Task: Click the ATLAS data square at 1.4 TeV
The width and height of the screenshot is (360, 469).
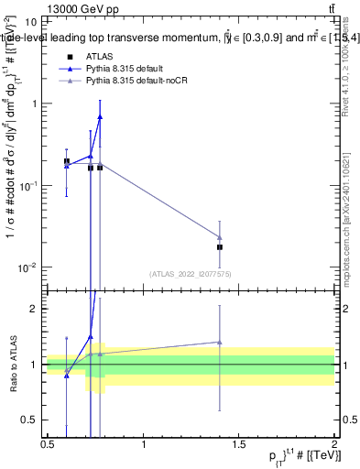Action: coord(220,247)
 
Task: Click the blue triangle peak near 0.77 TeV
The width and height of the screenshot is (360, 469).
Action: coord(100,116)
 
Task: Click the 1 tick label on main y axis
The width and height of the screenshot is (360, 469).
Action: coord(33,104)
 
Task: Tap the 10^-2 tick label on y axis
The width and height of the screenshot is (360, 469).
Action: coord(28,267)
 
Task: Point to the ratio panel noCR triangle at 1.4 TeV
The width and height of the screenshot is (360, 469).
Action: coord(220,342)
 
